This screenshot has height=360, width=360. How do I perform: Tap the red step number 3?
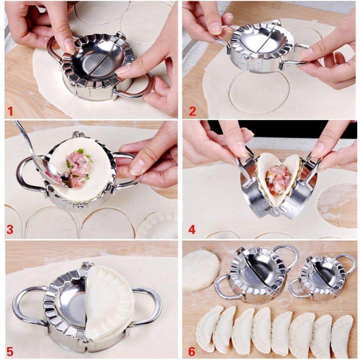pyautogui.click(x=10, y=229)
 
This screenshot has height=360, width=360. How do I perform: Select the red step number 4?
pyautogui.click(x=192, y=229)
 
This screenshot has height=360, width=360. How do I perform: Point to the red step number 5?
pyautogui.click(x=10, y=350)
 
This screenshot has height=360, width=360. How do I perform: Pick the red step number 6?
pyautogui.click(x=192, y=350)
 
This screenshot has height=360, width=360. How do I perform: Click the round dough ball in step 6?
pyautogui.click(x=201, y=270)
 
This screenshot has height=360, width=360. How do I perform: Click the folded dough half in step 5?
pyautogui.click(x=108, y=302)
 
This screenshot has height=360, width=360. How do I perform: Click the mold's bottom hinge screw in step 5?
pyautogui.click(x=86, y=341)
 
